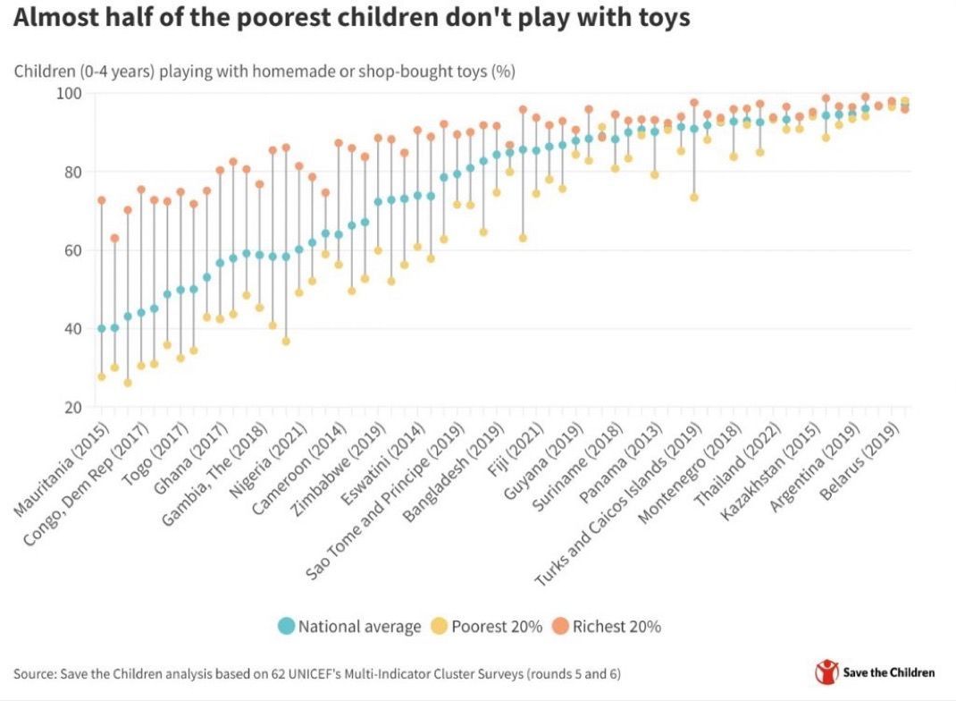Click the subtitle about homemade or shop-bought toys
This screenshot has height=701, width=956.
[x=264, y=71]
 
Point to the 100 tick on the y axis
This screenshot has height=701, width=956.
[x=69, y=94]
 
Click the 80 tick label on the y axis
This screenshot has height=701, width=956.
[x=72, y=172]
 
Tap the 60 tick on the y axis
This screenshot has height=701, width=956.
[x=72, y=250]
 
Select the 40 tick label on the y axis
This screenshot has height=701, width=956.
[x=72, y=329]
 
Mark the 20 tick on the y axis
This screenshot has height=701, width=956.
[x=72, y=408]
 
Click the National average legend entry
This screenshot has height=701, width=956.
[x=349, y=626]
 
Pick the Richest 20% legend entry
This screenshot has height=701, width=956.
[x=607, y=626]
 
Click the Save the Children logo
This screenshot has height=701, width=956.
[x=875, y=672]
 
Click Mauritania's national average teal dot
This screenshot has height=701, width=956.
[x=102, y=329]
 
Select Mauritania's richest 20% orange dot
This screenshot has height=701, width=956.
[x=102, y=200]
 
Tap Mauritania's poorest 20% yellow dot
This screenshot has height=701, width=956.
[x=102, y=377]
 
